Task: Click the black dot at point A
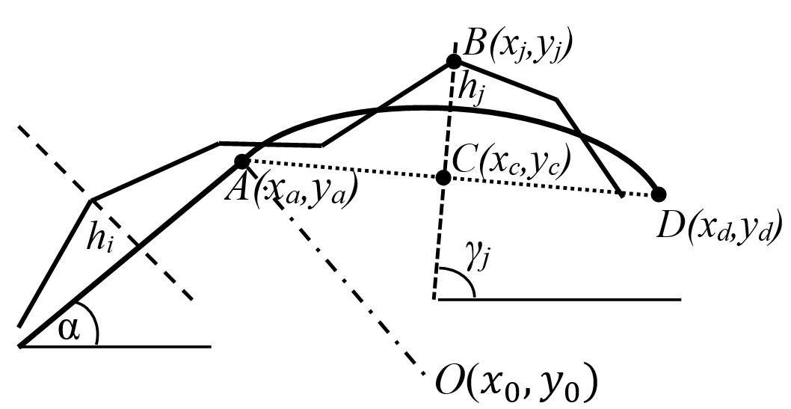[242, 162]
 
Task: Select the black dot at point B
[454, 61]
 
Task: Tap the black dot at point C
[443, 177]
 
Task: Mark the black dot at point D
[659, 194]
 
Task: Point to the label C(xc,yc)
[511, 163]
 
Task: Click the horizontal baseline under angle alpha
[115, 346]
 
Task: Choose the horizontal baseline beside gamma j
[560, 300]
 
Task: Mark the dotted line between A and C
[343, 169]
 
